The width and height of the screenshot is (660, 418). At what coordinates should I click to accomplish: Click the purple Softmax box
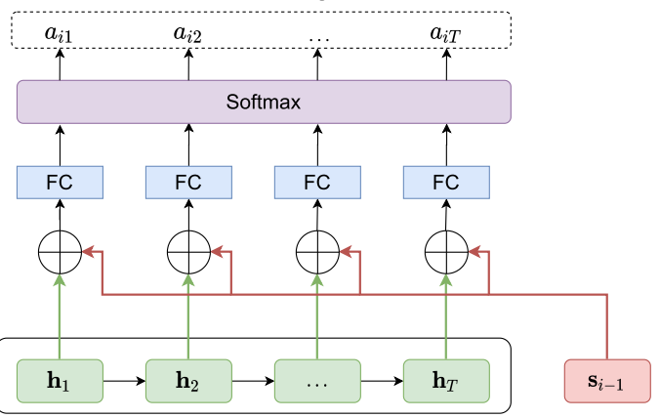(x=264, y=102)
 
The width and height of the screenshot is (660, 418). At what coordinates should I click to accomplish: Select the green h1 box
(x=60, y=380)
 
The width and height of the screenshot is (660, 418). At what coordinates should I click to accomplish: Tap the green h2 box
(x=188, y=380)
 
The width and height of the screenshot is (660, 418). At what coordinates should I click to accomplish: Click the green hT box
(x=446, y=380)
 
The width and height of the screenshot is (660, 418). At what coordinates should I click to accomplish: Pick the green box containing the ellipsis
(x=317, y=380)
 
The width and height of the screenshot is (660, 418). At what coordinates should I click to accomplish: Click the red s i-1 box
(x=607, y=381)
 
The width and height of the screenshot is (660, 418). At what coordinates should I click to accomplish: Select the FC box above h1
(x=60, y=182)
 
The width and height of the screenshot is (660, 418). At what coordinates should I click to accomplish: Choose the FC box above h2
(x=188, y=182)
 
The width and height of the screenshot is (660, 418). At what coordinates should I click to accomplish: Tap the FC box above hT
(x=446, y=182)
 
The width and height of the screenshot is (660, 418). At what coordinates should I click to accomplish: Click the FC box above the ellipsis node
(x=317, y=182)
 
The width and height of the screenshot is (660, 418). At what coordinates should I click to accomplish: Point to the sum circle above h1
(x=60, y=252)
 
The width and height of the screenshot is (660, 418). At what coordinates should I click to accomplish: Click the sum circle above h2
(x=188, y=252)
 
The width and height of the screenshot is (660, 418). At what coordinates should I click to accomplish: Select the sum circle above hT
(x=446, y=252)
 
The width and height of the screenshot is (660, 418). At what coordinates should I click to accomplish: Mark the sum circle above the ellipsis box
(x=317, y=252)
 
